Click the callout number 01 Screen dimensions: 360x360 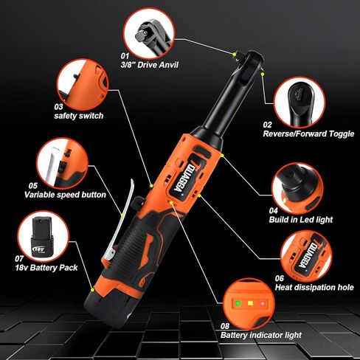pos(123,55)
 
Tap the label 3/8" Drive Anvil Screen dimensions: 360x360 pos(150,65)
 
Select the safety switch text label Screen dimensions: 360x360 pos(78,116)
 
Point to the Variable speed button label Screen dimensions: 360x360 pos(66,195)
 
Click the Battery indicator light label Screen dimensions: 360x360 pos(261,335)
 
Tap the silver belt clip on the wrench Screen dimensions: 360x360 pos(121,221)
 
